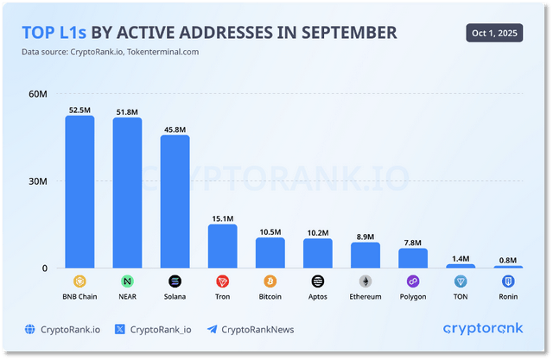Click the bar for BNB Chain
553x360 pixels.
[79, 192]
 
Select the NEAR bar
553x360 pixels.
[127, 193]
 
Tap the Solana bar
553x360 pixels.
[175, 201]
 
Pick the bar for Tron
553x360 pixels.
[222, 246]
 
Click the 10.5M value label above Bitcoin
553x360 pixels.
[270, 231]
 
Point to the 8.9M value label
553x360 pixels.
[365, 236]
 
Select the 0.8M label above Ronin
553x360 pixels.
[508, 260]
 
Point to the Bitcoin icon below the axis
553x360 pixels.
[270, 281]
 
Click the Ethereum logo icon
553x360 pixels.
[365, 281]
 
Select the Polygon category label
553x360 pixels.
[413, 297]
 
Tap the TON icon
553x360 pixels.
[461, 281]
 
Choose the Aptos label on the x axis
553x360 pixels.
[317, 297]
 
